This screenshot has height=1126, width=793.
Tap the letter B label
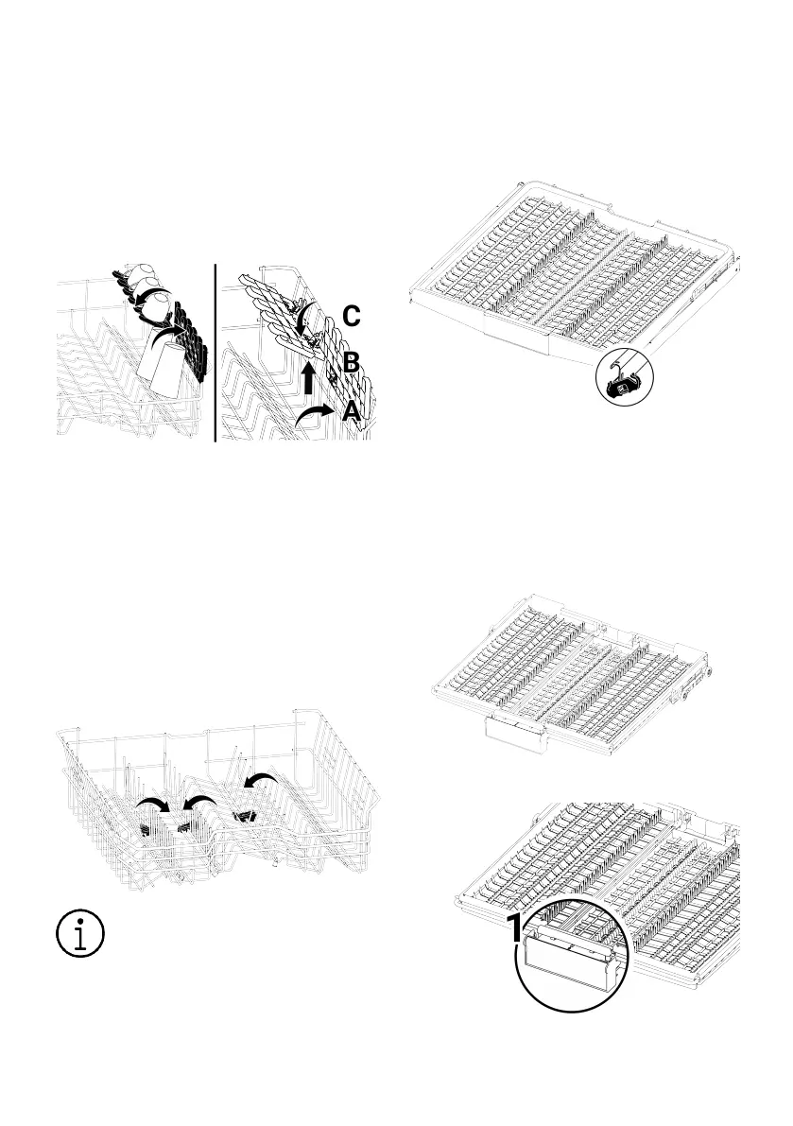click(x=351, y=362)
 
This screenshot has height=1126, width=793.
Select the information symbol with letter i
click(x=78, y=933)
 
